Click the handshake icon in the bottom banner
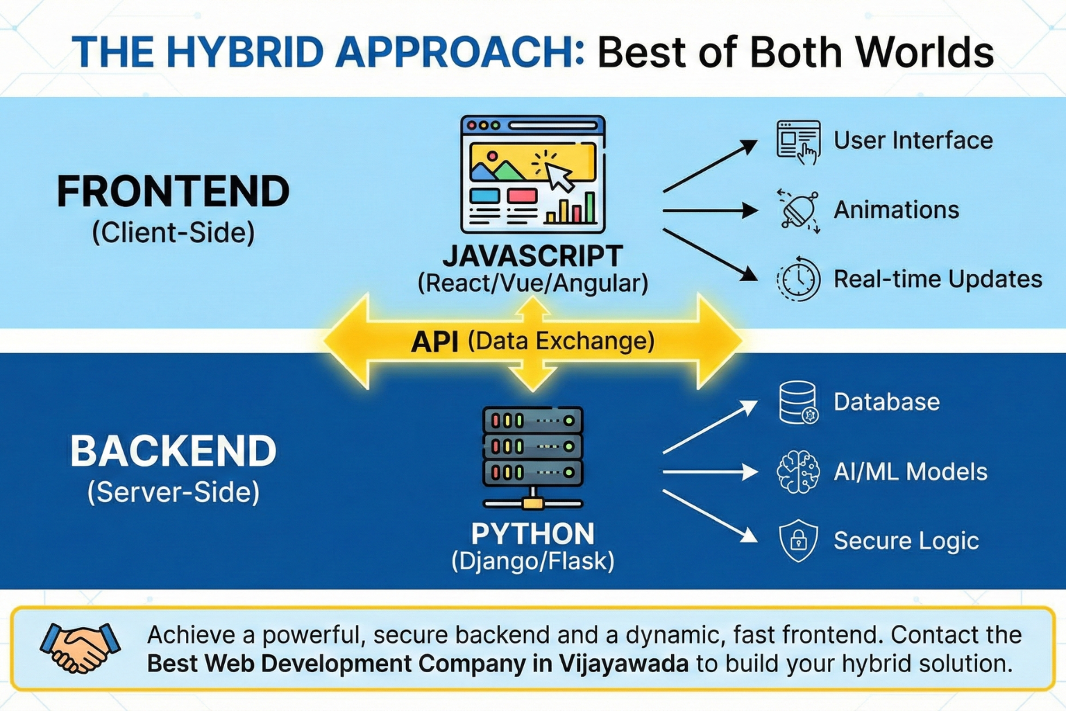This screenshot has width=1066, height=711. pyautogui.click(x=80, y=648)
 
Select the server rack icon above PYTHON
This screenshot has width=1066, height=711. pyautogui.click(x=532, y=458)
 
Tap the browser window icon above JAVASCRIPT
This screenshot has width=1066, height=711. pyautogui.click(x=532, y=174)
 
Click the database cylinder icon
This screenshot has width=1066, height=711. pyautogui.click(x=798, y=403)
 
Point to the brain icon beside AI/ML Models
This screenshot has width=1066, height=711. pyautogui.click(x=798, y=471)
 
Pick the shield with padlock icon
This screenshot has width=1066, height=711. pyautogui.click(x=798, y=540)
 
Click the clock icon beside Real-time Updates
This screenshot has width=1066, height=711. pyautogui.click(x=798, y=279)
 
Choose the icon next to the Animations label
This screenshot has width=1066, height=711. pyautogui.click(x=798, y=210)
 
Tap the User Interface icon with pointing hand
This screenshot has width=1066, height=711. pyautogui.click(x=798, y=142)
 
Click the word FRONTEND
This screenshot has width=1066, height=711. pyautogui.click(x=174, y=192)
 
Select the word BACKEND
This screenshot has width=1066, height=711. pyautogui.click(x=174, y=451)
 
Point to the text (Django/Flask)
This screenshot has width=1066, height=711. pyautogui.click(x=532, y=561)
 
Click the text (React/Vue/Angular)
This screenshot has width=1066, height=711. pyautogui.click(x=532, y=283)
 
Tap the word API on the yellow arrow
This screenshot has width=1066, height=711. pyautogui.click(x=434, y=342)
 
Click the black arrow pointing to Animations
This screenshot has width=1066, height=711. pyautogui.click(x=710, y=210)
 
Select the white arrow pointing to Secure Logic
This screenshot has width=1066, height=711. pyautogui.click(x=710, y=516)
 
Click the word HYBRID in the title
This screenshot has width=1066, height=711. pyautogui.click(x=244, y=51)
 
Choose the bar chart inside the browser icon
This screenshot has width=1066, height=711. pyautogui.click(x=570, y=208)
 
